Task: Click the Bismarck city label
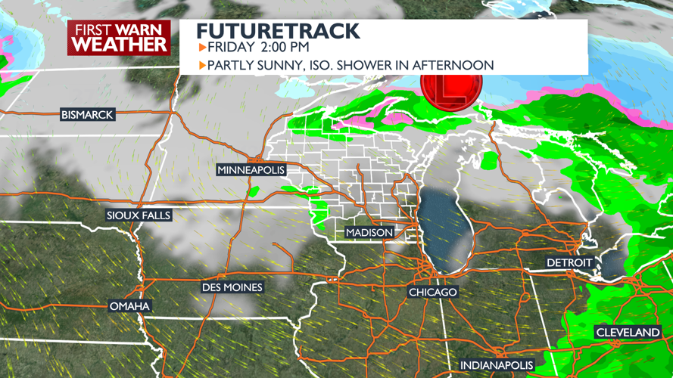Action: pos(87,115)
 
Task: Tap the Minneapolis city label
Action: pos(251,170)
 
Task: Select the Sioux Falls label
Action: pos(139,215)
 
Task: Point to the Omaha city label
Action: pos(129,306)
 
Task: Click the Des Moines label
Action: pos(232,287)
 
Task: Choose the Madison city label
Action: pos(369,232)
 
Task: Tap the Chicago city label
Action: pos(432,292)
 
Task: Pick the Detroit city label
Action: pos(569,262)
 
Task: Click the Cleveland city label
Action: pos(628,333)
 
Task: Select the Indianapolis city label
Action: pos(497,366)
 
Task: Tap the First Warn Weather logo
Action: pos(120,37)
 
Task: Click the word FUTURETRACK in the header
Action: pos(278,31)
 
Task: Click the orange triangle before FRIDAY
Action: pos(202,48)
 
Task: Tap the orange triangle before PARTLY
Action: pos(202,66)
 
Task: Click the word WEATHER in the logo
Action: pos(120,44)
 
